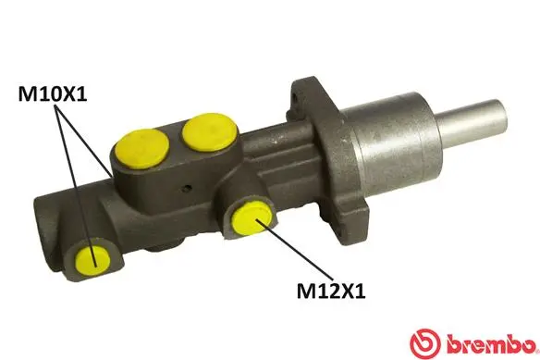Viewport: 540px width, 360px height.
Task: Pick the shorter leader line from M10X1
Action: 87,139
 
